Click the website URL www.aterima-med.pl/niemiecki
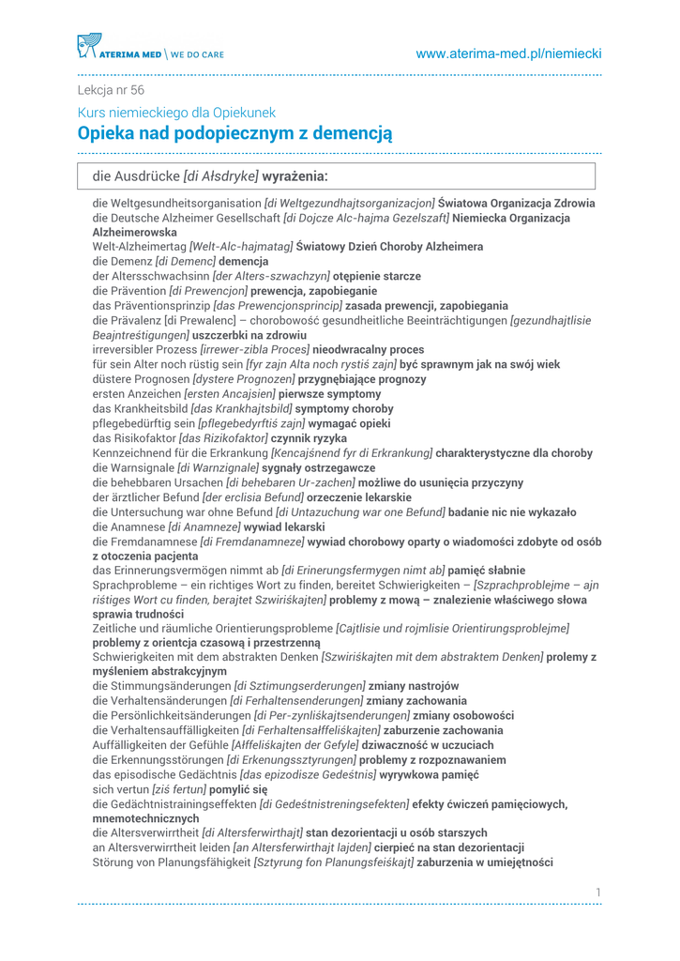click(x=508, y=53)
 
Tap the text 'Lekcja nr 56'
click(x=111, y=90)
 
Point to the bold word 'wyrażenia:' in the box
click(x=295, y=175)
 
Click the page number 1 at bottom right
click(x=597, y=891)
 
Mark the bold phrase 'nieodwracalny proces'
click(x=371, y=349)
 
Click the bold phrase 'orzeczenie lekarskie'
click(x=360, y=496)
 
